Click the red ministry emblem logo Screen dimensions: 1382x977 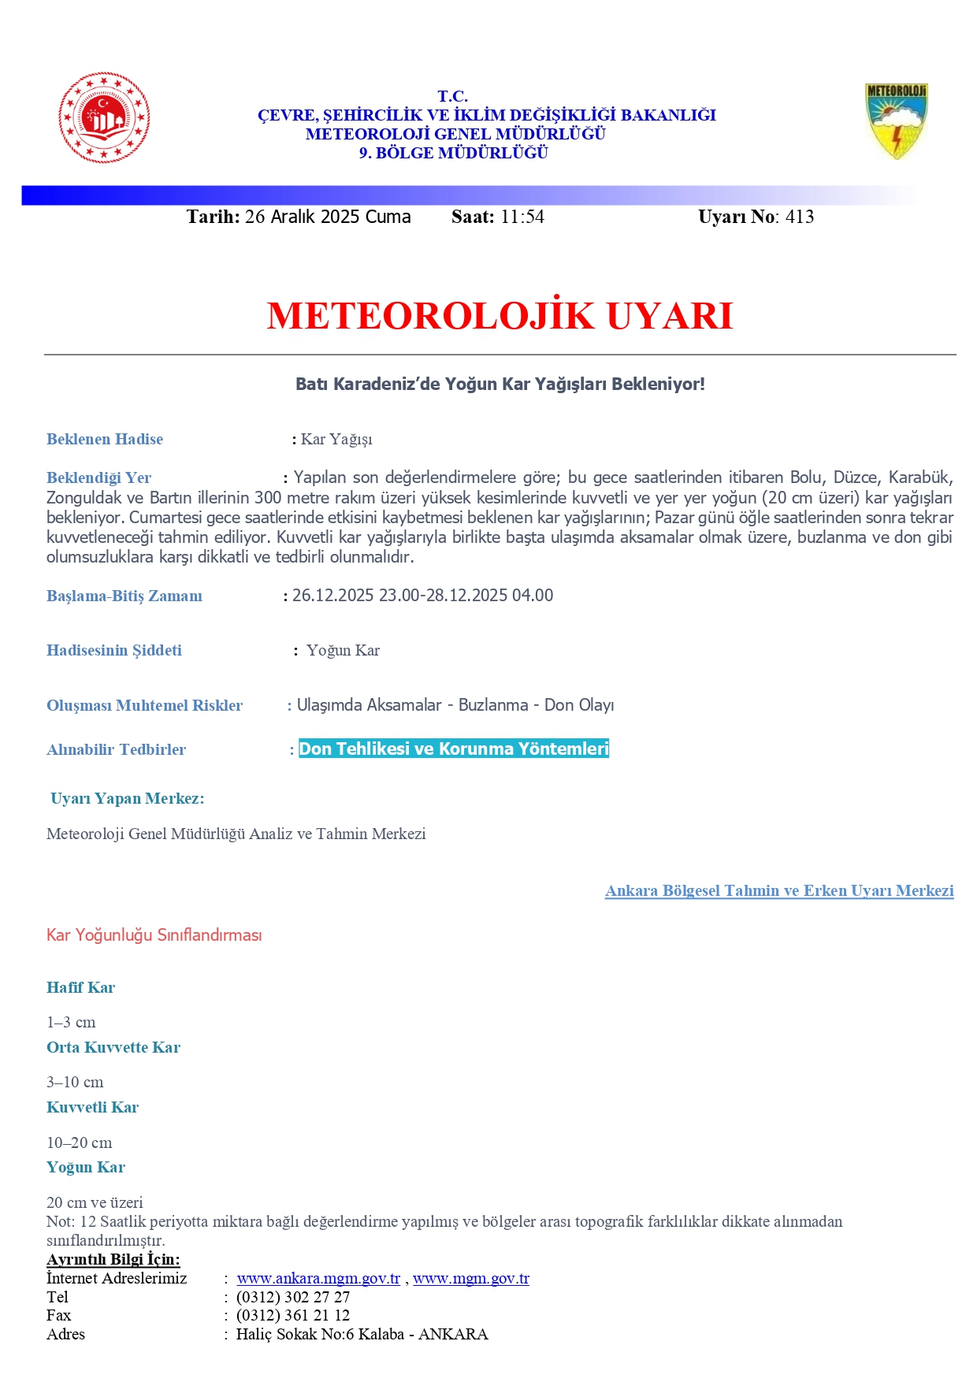click(104, 118)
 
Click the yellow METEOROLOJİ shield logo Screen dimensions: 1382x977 click(896, 121)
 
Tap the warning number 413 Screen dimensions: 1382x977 click(799, 217)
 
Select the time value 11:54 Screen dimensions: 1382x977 click(522, 217)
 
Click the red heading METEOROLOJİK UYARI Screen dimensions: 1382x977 click(500, 315)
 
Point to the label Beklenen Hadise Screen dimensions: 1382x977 click(105, 439)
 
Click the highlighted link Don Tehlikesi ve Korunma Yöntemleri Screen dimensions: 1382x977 click(454, 749)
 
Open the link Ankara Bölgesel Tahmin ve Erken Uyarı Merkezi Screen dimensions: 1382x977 click(779, 890)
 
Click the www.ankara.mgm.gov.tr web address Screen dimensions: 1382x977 click(318, 1278)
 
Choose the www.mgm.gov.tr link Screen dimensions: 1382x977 click(471, 1278)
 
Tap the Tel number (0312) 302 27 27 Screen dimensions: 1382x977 click(293, 1297)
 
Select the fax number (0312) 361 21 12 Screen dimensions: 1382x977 click(293, 1315)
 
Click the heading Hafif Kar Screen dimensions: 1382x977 click(80, 987)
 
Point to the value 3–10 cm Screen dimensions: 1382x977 click(75, 1082)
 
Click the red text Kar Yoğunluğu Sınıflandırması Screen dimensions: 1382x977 click(154, 935)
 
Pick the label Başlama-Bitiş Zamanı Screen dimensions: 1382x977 click(124, 596)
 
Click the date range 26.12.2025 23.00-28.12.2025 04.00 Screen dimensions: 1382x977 click(422, 595)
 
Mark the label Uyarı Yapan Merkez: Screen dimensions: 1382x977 click(128, 798)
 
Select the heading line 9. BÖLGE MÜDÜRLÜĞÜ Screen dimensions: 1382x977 click(454, 153)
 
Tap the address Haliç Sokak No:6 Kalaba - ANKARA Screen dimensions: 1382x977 click(362, 1334)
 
